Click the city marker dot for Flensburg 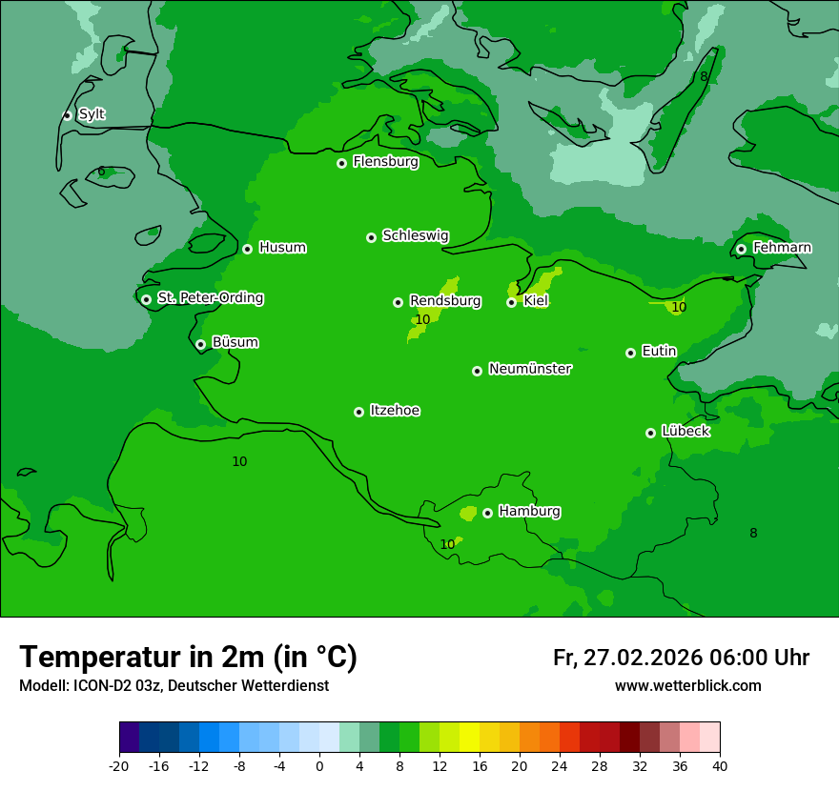pos(341,163)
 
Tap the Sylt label pos(92,114)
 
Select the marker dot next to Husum pos(247,249)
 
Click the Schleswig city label pos(415,235)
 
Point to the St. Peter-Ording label pos(210,298)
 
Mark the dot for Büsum pos(200,344)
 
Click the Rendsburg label pos(444,301)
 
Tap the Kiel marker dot pos(511,302)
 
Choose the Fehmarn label pos(782,248)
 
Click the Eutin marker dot pos(630,353)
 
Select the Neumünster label pos(529,369)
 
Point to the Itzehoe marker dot pos(358,412)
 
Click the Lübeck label pos(685,431)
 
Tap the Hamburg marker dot pos(487,513)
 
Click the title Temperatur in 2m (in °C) pos(188,658)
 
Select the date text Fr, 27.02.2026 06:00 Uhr pos(681,658)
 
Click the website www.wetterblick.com pos(687,686)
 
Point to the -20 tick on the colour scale pos(119,766)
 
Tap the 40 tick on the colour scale pos(720,766)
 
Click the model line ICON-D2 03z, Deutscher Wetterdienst pos(174,686)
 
